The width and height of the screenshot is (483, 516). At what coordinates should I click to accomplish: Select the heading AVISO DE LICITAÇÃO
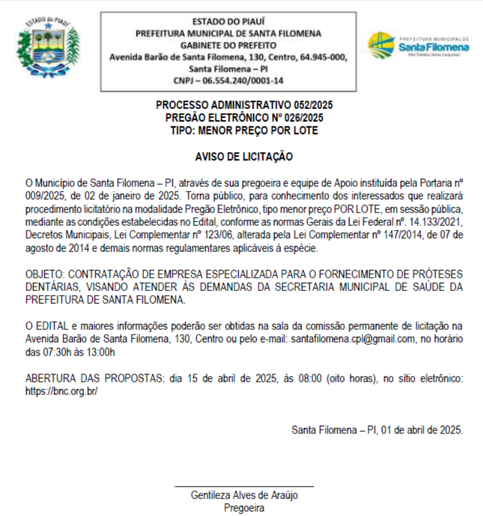244,157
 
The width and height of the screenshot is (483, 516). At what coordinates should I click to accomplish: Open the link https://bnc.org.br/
61,391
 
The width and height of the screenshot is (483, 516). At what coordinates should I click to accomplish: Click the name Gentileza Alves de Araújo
244,495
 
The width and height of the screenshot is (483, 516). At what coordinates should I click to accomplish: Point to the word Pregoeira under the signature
244,508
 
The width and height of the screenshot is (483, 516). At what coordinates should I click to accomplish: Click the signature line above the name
244,486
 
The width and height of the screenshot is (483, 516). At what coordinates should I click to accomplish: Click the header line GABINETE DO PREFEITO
228,45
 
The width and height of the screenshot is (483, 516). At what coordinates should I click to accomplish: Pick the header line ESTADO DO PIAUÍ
228,22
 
